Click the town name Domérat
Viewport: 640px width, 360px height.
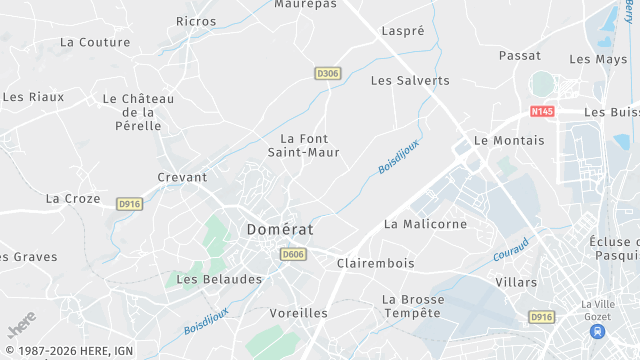click(x=279, y=229)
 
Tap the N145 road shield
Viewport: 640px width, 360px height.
click(x=542, y=111)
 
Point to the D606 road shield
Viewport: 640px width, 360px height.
click(x=293, y=255)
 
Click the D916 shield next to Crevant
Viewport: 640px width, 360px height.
click(x=129, y=204)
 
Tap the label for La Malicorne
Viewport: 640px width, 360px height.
click(x=425, y=224)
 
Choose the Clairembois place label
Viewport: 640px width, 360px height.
click(x=375, y=263)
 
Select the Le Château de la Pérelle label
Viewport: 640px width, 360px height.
click(x=138, y=112)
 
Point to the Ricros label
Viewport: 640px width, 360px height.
click(x=196, y=21)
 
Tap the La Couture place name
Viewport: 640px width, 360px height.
click(x=95, y=42)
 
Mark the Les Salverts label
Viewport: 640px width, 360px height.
click(x=410, y=80)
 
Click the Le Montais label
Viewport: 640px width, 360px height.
click(x=509, y=141)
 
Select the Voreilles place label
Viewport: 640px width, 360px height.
click(x=299, y=313)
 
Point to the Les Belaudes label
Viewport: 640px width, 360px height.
click(x=219, y=279)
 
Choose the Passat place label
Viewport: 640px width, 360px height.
click(x=519, y=56)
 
